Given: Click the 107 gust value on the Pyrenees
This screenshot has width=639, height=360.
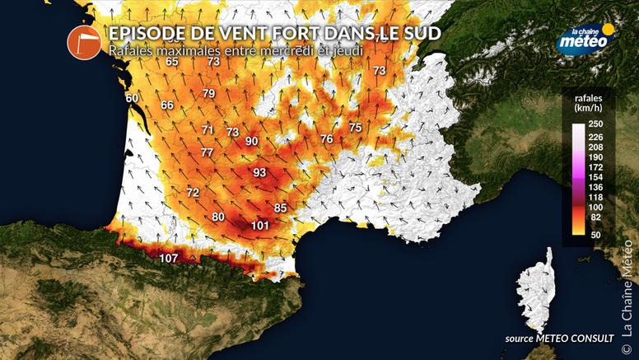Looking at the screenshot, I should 169,259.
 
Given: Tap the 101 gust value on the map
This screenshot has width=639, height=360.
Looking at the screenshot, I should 261,226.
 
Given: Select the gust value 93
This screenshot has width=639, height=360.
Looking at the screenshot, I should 259,173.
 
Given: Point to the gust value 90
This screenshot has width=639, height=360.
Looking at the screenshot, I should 252,142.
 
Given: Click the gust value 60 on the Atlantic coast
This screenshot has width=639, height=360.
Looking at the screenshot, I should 132,99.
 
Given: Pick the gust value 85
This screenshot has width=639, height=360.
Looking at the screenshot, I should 280,208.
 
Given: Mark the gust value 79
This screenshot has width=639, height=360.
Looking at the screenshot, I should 208,94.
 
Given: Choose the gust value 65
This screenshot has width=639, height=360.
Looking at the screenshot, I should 172,62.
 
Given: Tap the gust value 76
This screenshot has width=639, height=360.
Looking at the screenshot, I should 327,139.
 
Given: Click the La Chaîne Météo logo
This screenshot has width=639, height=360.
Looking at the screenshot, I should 585,39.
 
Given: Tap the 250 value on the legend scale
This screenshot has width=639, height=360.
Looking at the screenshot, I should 597,124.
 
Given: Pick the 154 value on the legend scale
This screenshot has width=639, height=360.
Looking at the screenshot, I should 597,177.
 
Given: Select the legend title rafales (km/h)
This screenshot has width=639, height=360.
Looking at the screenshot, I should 585,103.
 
